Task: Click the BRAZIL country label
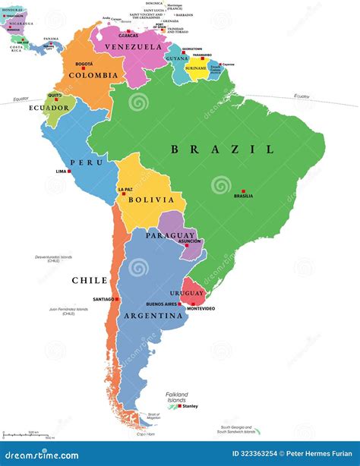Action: [x=223, y=150]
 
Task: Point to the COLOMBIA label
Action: [x=93, y=75]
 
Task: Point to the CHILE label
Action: [x=90, y=280]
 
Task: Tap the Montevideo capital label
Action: [x=201, y=308]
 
